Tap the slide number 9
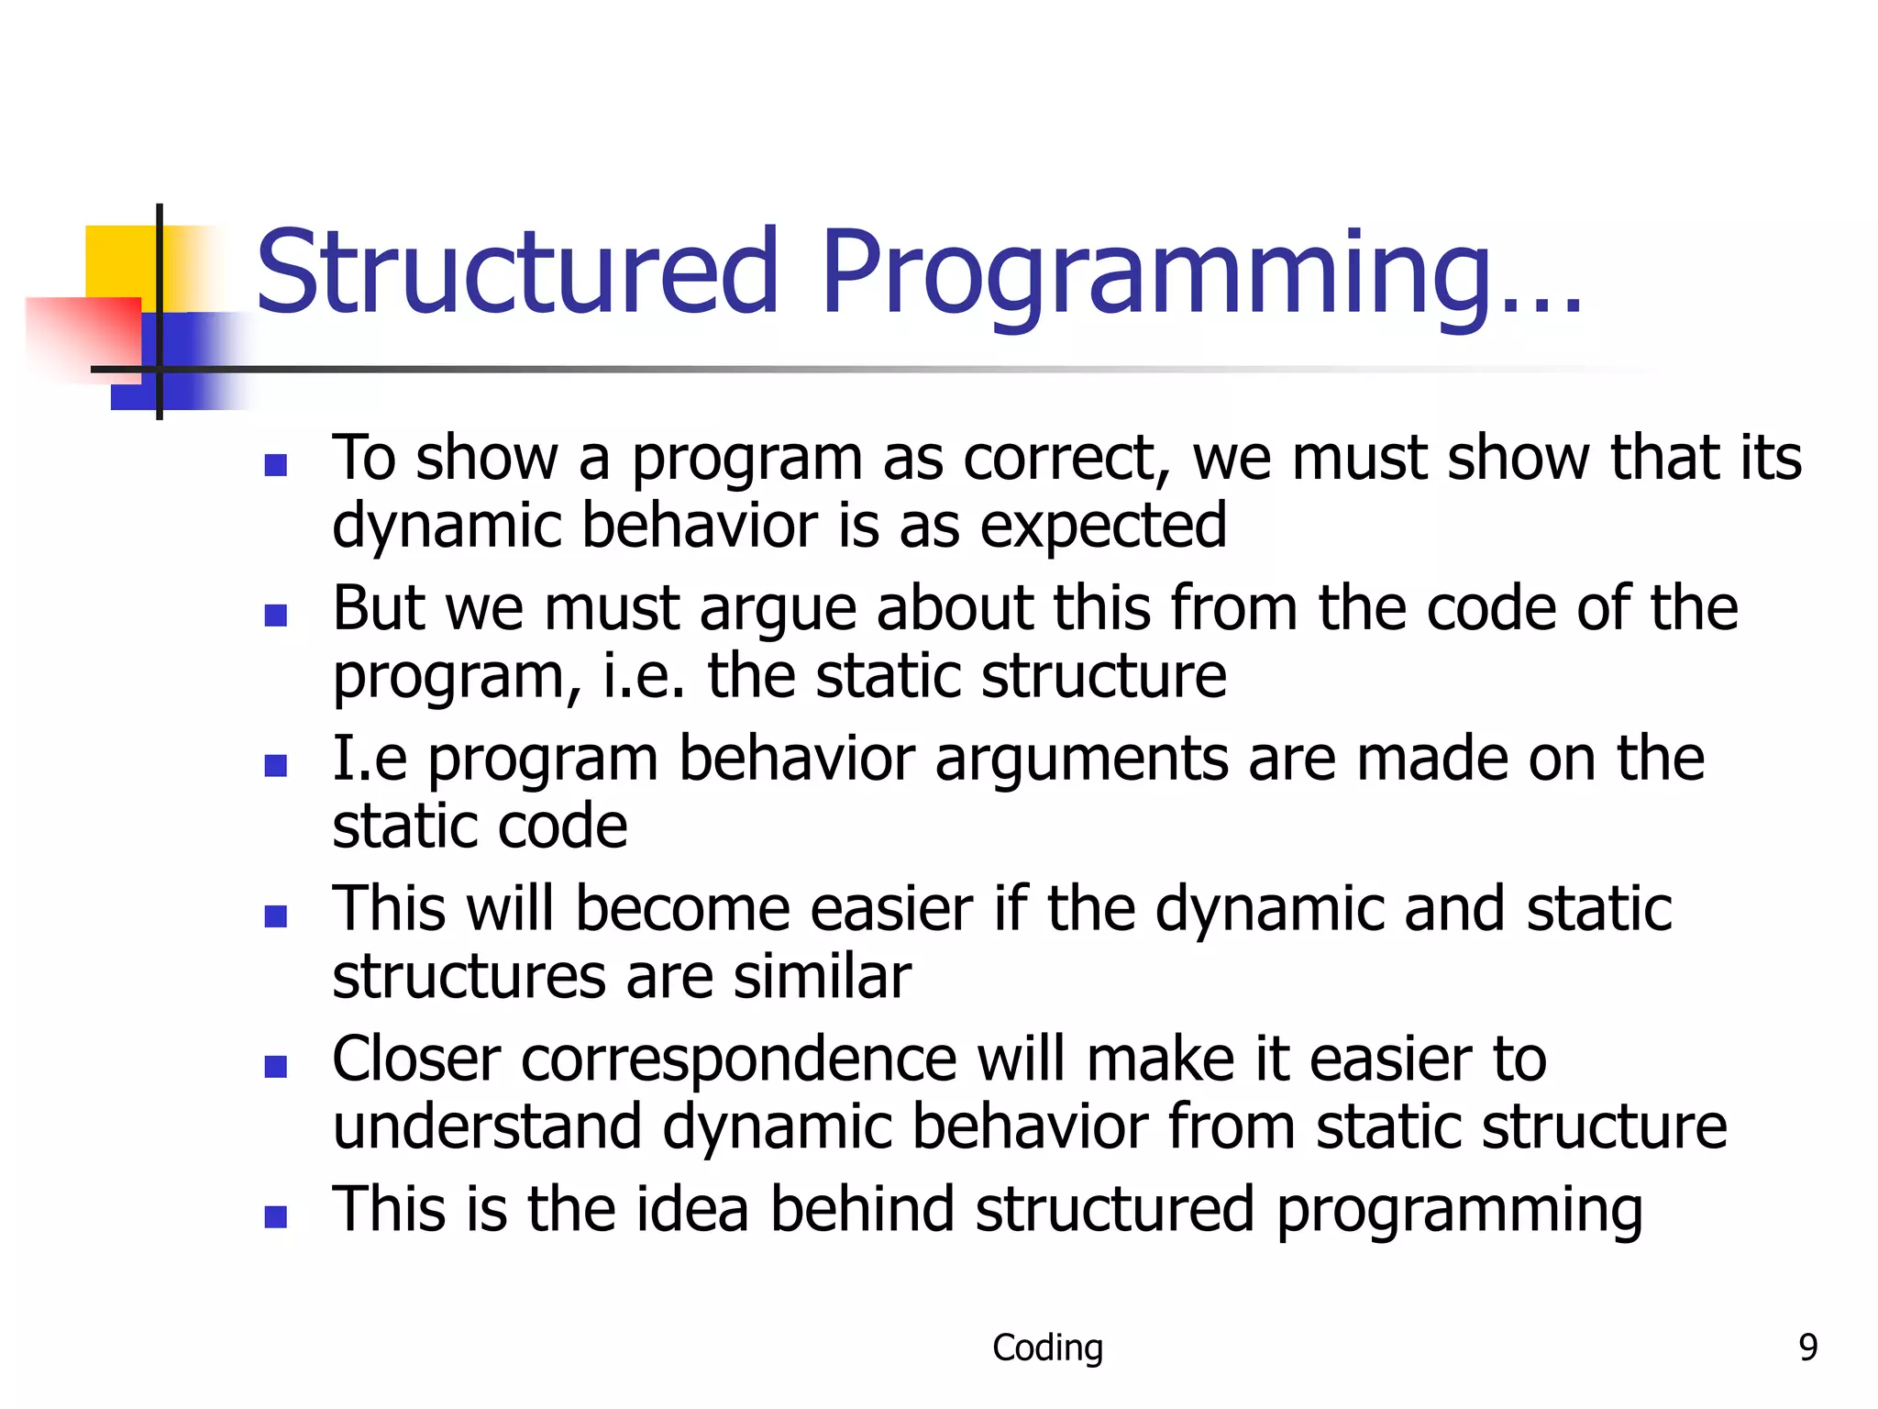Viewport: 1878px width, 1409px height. pos(1807,1348)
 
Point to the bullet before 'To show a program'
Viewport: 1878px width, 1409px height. pos(275,465)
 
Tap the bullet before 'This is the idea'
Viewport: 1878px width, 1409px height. pos(275,1216)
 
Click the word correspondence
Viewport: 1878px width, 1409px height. pos(739,1060)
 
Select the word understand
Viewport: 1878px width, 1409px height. pos(486,1126)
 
